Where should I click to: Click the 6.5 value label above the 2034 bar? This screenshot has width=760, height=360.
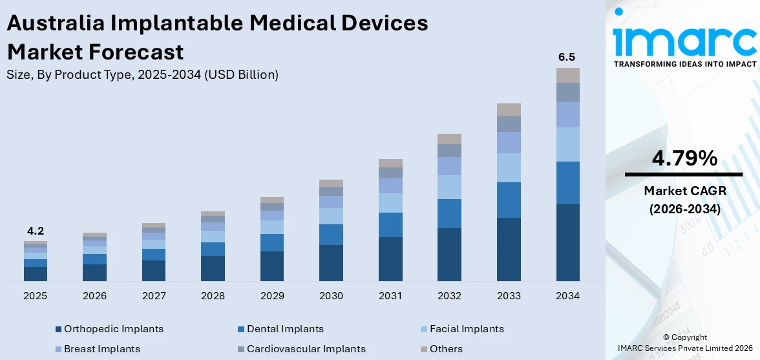coord(567,58)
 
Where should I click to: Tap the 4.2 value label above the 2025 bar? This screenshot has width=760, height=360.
coord(35,231)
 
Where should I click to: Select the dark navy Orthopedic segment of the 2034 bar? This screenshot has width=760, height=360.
coord(567,242)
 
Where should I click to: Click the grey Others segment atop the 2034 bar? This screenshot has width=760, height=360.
coord(567,75)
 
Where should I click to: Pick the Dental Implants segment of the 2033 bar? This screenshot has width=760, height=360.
coord(509,200)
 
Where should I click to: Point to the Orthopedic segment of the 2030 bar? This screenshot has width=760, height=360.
coord(331,262)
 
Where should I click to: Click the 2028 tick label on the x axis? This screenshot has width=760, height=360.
coord(213,296)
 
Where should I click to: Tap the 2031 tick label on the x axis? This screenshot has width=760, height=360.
coord(390,296)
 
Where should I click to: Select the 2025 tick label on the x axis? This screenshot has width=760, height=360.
coord(35,296)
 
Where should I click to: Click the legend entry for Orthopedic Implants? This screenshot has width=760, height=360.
coord(113,329)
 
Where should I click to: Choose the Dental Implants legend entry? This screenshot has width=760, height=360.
coord(285,329)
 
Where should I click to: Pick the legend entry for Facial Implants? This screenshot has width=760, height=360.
coord(467,329)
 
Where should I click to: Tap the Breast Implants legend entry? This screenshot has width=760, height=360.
coord(101,349)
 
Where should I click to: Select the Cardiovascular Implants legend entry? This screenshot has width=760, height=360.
coord(306,349)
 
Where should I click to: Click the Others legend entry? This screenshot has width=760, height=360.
coord(446,349)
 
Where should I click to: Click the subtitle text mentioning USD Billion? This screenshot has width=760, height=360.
coord(142,75)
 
